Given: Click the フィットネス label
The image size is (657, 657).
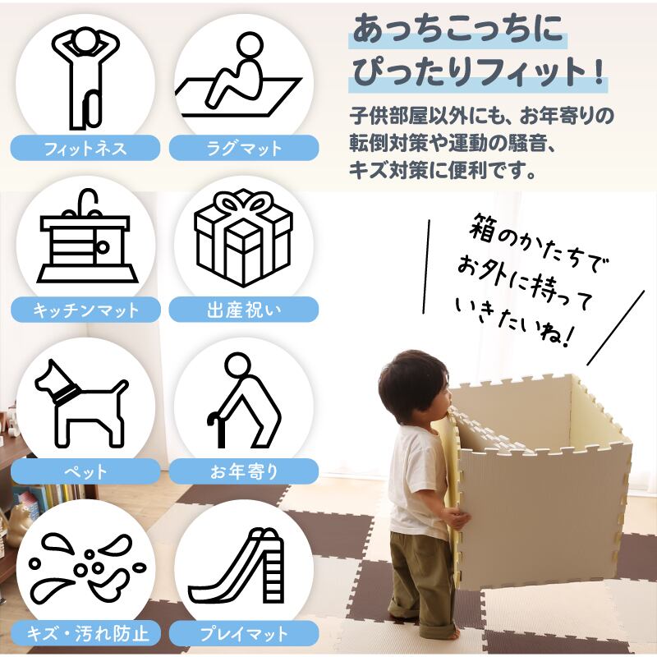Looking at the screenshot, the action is pos(85,149).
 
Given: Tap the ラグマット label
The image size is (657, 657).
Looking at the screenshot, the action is pos(244,149).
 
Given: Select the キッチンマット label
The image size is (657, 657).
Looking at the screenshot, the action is pos(85,310).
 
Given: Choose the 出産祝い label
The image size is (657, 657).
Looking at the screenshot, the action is pos(244,310).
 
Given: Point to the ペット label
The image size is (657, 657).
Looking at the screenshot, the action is pos(85,471).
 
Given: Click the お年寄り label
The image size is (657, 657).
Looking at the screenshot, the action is pos(244,471).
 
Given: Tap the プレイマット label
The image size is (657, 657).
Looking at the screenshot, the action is pos(244,633).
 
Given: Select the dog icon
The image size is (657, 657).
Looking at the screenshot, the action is pos(81,403).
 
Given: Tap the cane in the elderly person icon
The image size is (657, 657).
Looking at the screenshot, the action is pos(218,430).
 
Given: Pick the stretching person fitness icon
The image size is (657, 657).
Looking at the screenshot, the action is pos(86,78).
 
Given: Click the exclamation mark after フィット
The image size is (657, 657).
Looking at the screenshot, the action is pos(600,71).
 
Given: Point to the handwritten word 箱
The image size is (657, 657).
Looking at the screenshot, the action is pos(483,228).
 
